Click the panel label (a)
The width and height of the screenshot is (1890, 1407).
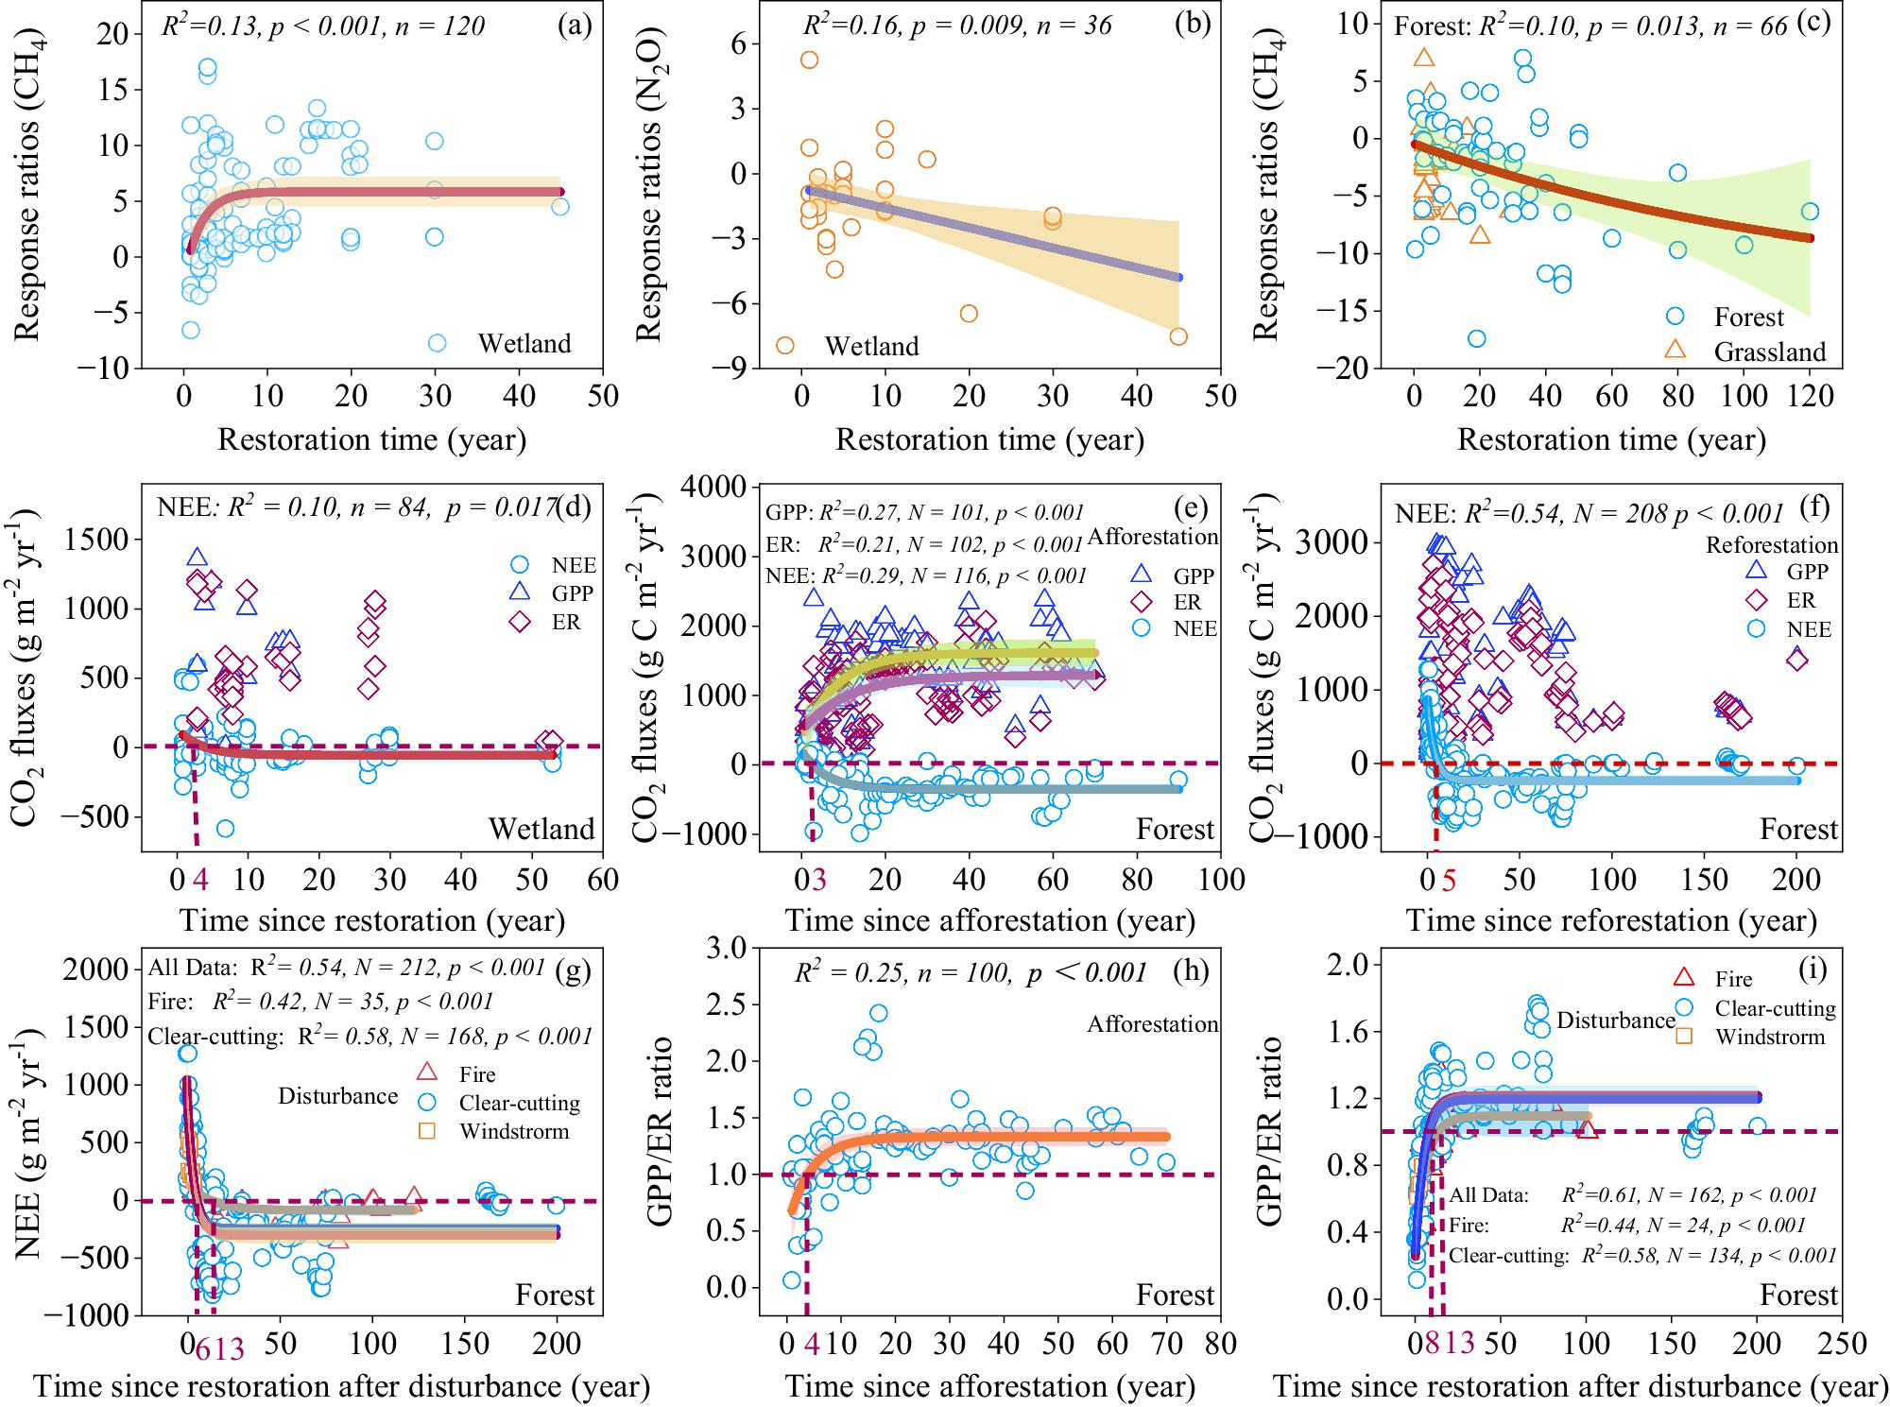point(575,26)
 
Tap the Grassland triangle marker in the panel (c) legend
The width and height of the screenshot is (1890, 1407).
point(1675,350)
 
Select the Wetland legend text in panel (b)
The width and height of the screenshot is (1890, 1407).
point(871,347)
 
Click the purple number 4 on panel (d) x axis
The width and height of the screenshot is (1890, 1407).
point(200,880)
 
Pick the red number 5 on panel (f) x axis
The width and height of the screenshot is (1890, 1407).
point(1449,880)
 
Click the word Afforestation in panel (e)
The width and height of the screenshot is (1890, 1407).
point(1153,537)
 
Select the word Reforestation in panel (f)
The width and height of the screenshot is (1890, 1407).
point(1772,545)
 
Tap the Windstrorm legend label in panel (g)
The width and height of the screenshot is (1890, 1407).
point(514,1131)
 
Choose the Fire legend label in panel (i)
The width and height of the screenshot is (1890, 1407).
point(1733,980)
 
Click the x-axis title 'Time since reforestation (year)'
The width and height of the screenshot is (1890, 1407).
point(1611,920)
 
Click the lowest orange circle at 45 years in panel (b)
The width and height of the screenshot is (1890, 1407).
point(1178,336)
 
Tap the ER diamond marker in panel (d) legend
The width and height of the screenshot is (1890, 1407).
point(518,622)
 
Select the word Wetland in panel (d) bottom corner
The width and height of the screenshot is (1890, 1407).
point(541,830)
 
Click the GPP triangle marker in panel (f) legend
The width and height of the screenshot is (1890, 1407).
point(1756,571)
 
